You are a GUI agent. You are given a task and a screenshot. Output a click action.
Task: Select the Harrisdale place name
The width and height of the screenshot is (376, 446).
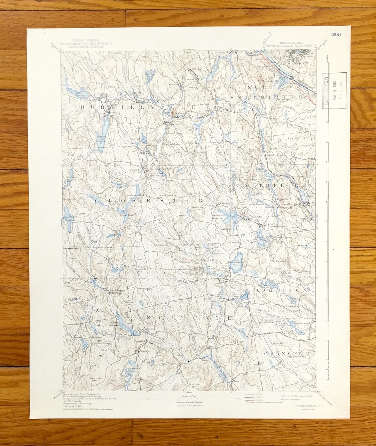[x=217, y=253]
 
